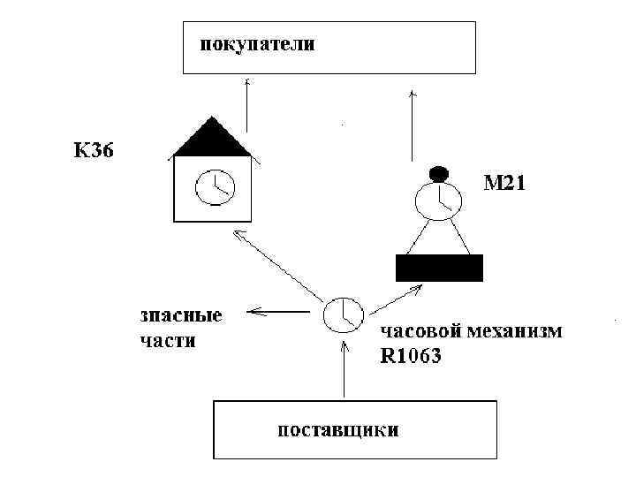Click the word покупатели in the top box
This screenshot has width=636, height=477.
click(x=255, y=43)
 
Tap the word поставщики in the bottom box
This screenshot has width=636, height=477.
click(x=337, y=431)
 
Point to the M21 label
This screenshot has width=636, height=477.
click(x=505, y=185)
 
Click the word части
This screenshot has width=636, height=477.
click(x=167, y=341)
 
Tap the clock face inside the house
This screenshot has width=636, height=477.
click(x=212, y=188)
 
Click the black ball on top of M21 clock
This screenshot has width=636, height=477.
click(x=439, y=173)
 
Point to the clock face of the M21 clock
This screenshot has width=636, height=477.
click(x=439, y=200)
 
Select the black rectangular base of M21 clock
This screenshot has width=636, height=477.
click(x=439, y=268)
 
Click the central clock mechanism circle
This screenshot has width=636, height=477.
click(x=342, y=314)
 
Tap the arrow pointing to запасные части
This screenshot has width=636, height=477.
click(x=283, y=311)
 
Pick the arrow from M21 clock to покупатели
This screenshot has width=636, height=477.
click(x=413, y=124)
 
